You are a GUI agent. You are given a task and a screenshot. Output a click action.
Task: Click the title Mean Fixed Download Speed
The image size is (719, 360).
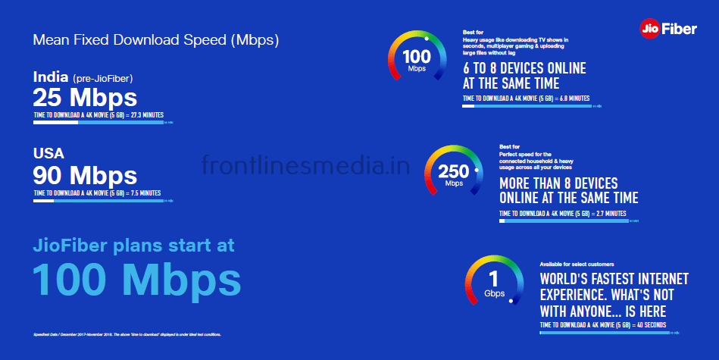(156, 40)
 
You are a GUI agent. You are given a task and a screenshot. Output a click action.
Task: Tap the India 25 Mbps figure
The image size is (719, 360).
(85, 98)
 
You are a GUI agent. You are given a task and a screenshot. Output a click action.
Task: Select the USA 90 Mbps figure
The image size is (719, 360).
(85, 175)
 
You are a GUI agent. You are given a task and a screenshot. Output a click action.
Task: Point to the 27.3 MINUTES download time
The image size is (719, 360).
(98, 115)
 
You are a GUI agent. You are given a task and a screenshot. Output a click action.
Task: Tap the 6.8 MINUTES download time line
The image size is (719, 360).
(526, 99)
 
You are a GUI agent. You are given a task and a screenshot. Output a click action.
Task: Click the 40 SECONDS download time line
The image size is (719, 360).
(603, 325)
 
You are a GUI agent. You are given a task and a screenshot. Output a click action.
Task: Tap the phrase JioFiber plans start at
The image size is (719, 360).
(134, 245)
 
